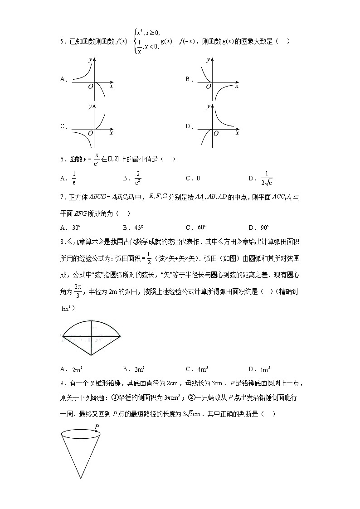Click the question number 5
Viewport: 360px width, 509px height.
pyautogui.click(x=62, y=42)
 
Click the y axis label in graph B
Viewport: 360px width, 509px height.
pyautogui.click(x=208, y=59)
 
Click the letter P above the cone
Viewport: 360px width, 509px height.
pyautogui.click(x=97, y=427)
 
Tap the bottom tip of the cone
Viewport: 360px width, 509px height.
pyautogui.click(x=81, y=478)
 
